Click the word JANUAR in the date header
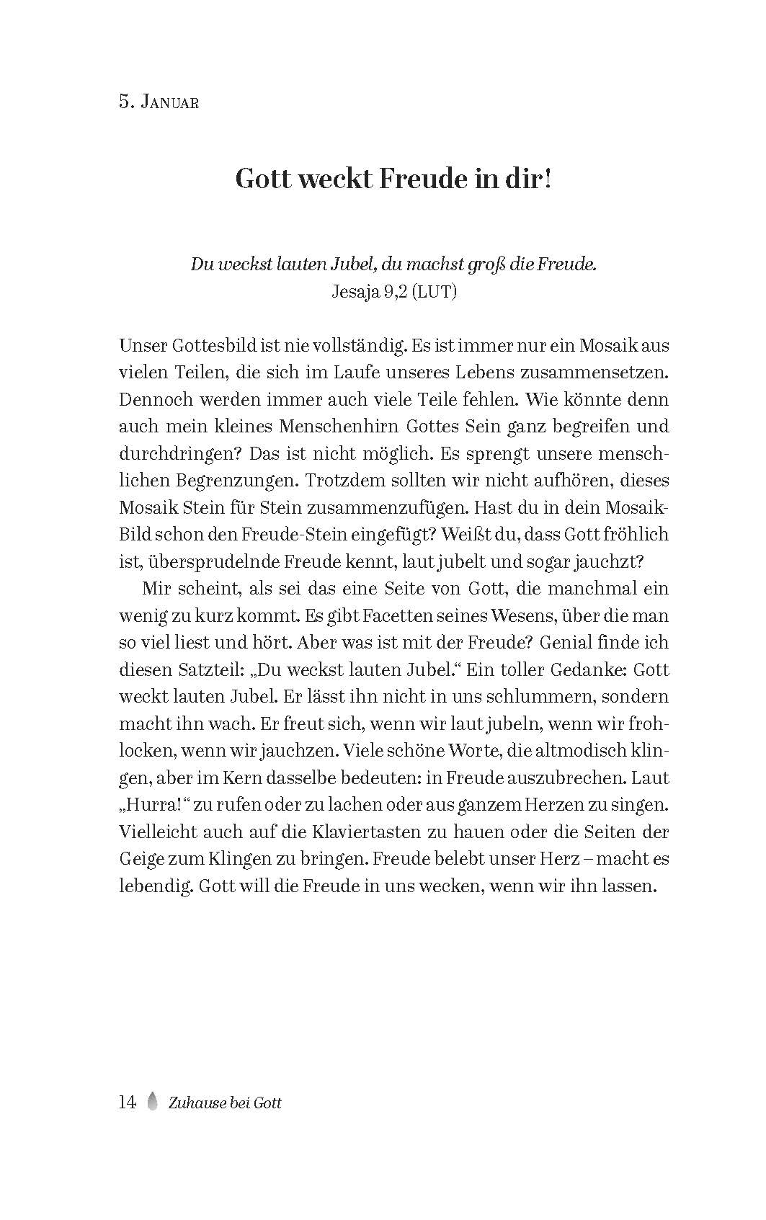[x=170, y=102]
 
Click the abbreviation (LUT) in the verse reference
[x=434, y=292]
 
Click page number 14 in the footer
[x=128, y=1103]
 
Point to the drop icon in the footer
[x=152, y=1102]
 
